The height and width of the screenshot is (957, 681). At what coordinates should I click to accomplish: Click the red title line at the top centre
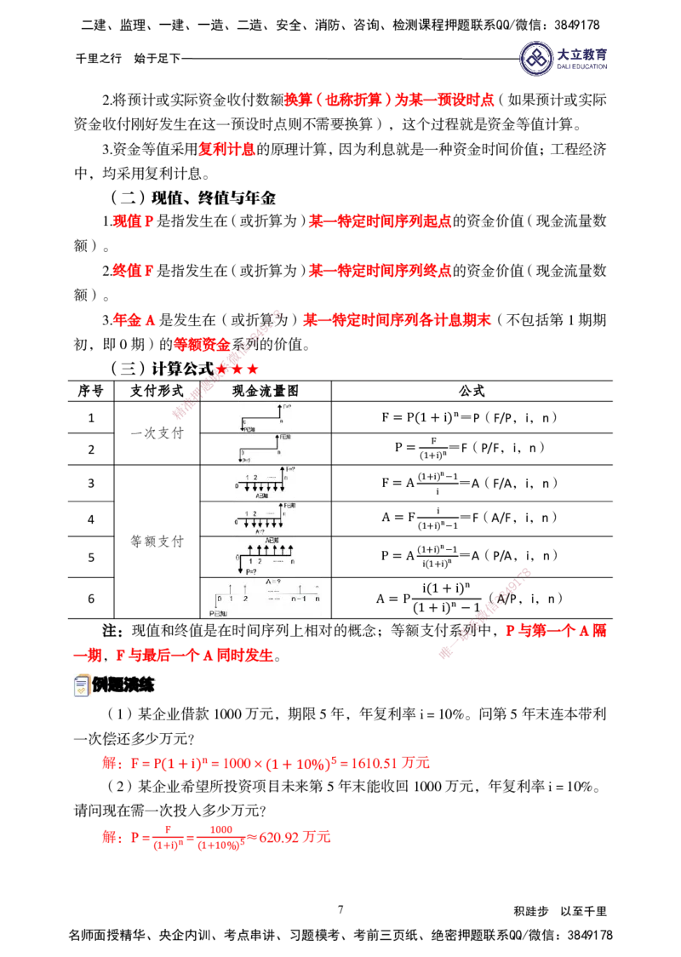point(390,100)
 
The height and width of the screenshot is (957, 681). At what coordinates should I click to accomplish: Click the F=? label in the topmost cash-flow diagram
point(287,407)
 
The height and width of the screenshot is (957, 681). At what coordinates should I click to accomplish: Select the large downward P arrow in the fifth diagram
point(241,563)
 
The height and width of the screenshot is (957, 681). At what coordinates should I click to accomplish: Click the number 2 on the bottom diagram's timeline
point(246,599)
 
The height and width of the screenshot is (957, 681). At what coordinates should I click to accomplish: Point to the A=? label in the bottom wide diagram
point(274,583)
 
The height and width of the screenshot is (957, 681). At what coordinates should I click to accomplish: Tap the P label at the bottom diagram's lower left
point(217,613)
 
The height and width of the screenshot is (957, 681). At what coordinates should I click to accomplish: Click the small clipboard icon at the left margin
point(81,685)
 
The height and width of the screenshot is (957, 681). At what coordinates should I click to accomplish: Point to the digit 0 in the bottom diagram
point(219,599)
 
